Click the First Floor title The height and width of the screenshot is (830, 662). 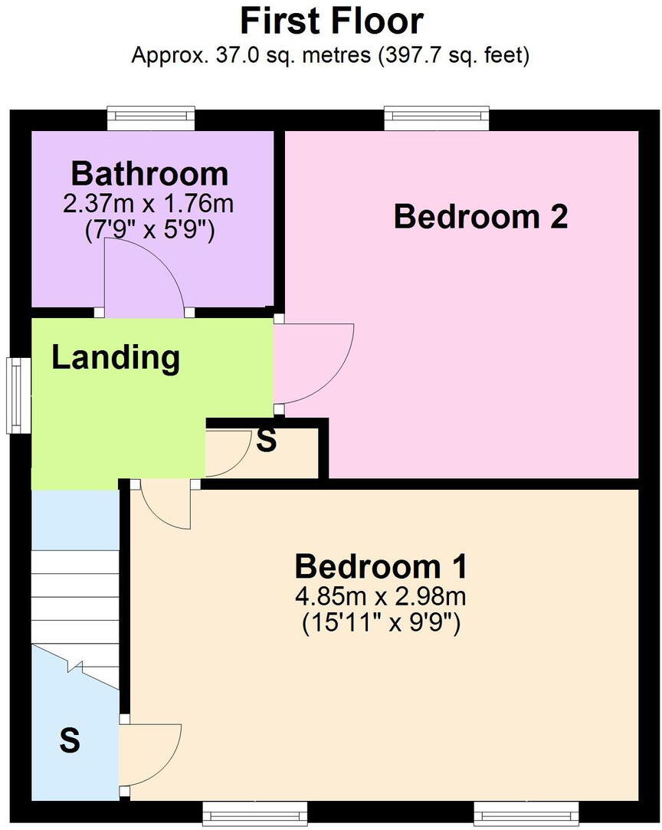[x=331, y=21]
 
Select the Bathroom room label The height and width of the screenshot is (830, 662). [x=150, y=174]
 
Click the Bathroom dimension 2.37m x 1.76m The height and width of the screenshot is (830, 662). [x=150, y=205]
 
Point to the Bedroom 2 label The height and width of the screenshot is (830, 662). [x=480, y=217]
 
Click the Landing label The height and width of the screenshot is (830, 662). [x=116, y=357]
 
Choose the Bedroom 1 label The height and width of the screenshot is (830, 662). [x=381, y=567]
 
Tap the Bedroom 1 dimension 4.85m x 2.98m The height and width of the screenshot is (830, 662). [x=381, y=595]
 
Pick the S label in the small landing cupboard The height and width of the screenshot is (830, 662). [x=266, y=441]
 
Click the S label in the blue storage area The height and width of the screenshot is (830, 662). [x=70, y=740]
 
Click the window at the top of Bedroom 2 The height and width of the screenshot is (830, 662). [x=436, y=118]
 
